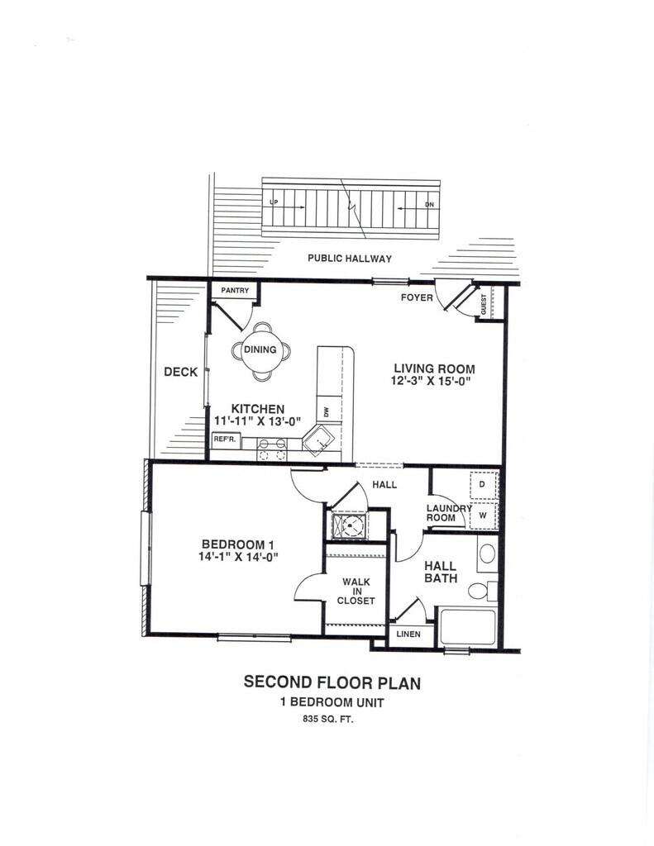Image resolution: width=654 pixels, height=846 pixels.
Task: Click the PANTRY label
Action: point(235,291)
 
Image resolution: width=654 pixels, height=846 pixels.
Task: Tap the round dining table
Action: point(260,350)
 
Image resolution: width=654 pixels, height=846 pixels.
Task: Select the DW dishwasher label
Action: point(326,411)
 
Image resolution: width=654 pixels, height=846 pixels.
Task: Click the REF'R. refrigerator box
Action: point(226,440)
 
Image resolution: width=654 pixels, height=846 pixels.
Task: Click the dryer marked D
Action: point(481,482)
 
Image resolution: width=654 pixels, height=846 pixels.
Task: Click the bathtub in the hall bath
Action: point(467,627)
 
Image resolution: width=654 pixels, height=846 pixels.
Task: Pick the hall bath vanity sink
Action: point(487,553)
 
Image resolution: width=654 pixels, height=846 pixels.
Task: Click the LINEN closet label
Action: point(408,634)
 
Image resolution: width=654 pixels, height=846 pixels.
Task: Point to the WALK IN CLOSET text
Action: point(356,591)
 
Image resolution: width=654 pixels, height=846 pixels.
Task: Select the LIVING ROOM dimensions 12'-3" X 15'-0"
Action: point(433,381)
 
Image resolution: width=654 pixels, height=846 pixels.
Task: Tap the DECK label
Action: point(180,372)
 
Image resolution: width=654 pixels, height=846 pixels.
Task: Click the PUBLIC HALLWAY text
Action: point(350,259)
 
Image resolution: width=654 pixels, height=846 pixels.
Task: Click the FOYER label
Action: point(416,297)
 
